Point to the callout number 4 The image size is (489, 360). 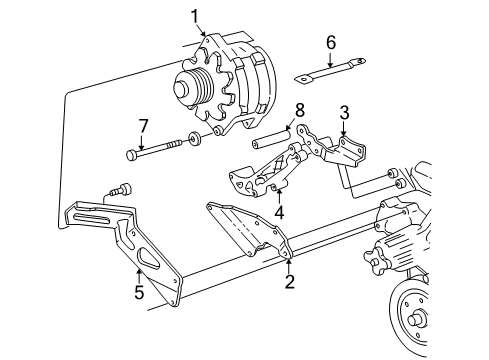280,211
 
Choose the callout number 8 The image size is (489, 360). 298,108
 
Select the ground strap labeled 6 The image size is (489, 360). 326,72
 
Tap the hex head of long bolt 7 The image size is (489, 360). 133,155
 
